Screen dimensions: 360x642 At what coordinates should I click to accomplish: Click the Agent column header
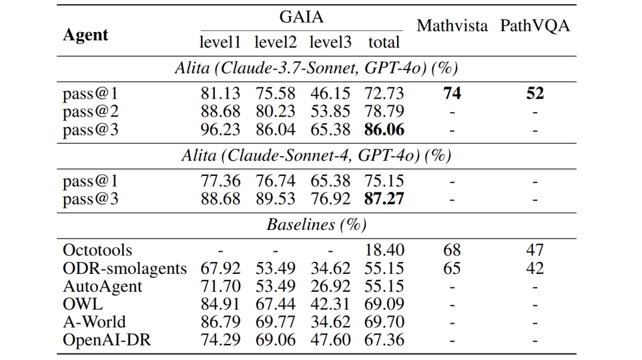(86, 34)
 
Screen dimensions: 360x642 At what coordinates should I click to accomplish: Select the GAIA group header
(301, 17)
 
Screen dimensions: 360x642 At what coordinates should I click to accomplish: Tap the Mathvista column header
(452, 26)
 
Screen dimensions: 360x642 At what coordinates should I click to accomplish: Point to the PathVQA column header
(535, 26)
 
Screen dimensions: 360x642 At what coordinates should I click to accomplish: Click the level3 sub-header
(331, 43)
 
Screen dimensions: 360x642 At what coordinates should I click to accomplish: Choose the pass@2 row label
(90, 112)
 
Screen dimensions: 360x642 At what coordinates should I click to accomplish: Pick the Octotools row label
(97, 250)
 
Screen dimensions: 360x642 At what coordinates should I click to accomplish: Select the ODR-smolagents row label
(125, 269)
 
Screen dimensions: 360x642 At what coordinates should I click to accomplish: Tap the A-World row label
(95, 322)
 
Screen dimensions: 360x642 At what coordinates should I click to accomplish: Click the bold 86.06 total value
(384, 130)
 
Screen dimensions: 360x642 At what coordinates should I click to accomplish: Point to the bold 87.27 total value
(384, 198)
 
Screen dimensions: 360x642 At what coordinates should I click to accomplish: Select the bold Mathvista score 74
(452, 94)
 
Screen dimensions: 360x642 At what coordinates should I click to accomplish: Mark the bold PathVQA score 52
(535, 94)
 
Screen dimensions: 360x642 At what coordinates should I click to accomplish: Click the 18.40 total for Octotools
(384, 250)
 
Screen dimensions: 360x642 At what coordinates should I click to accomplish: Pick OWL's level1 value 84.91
(221, 304)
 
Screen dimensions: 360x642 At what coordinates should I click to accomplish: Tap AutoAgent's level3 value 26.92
(331, 286)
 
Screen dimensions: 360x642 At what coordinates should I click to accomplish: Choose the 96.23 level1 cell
(221, 130)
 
